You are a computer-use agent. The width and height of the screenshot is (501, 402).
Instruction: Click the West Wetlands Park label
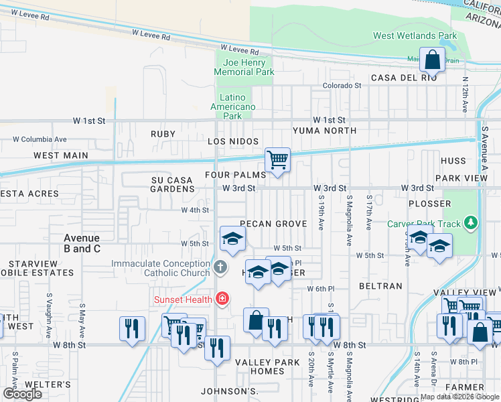415,36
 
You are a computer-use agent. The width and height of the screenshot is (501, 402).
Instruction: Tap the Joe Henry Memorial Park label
244,67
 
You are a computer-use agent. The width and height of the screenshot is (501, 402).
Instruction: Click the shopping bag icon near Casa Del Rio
433,59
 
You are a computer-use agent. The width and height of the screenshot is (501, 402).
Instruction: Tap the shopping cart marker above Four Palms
277,160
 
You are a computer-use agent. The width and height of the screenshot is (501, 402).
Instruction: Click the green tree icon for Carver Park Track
472,221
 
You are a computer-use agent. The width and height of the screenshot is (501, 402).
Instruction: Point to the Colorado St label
342,86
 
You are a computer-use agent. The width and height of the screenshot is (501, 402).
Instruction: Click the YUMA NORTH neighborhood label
324,131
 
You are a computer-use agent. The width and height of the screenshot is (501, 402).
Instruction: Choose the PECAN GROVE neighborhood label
273,224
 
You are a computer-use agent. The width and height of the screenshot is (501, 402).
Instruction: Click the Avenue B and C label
82,243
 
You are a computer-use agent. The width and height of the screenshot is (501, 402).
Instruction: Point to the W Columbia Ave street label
40,139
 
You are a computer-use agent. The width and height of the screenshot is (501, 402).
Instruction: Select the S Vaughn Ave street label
49,306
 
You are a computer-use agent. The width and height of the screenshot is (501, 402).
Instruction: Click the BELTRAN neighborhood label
380,286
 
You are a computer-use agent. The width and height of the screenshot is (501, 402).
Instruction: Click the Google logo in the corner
22,394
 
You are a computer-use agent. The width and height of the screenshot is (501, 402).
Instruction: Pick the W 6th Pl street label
320,289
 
